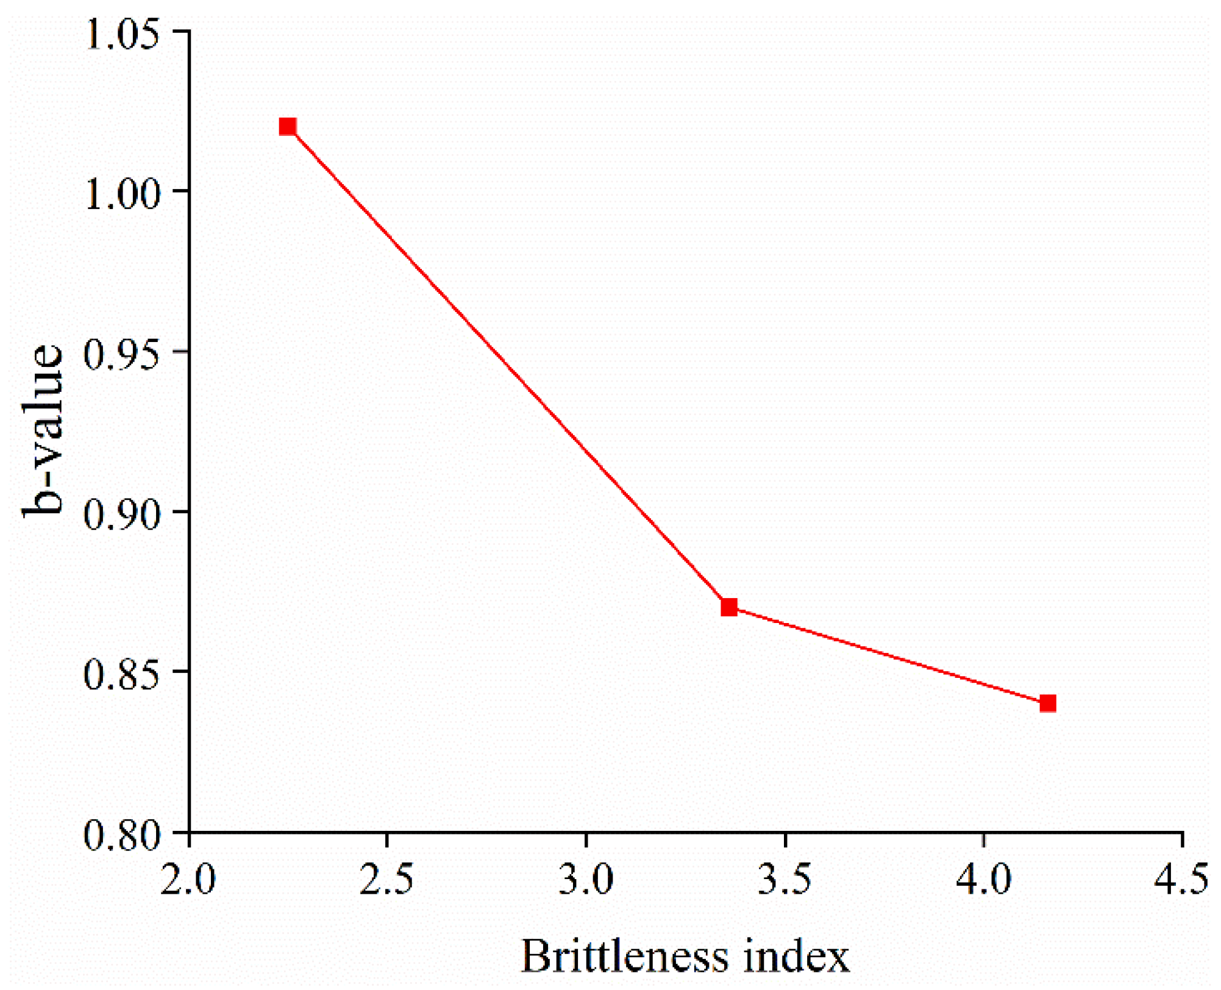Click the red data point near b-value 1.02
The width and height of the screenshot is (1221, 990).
[x=288, y=127]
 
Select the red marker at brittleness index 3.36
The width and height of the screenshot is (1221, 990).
[x=729, y=607]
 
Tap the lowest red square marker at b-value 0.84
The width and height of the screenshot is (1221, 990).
[x=1048, y=703]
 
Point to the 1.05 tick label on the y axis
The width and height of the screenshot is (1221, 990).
[x=123, y=34]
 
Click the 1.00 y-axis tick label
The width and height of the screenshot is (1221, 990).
[x=123, y=194]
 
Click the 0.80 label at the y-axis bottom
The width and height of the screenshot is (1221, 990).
[x=123, y=835]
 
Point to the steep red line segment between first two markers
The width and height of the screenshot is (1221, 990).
[x=508, y=367]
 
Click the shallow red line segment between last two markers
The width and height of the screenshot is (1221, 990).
[x=888, y=655]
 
